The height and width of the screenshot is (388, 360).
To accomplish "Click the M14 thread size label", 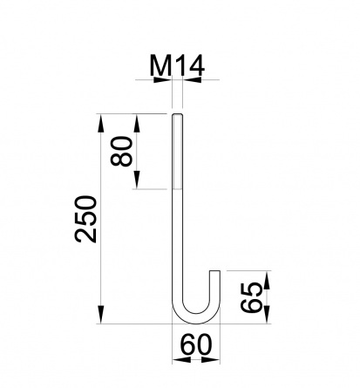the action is tap(177, 65).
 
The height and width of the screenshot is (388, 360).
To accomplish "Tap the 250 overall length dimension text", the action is tap(85, 219).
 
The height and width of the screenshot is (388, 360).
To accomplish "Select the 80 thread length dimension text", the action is tap(121, 151).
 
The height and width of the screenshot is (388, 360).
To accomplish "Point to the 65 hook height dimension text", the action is tap(252, 297).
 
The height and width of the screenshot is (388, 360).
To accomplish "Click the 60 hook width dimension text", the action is tap(196, 344).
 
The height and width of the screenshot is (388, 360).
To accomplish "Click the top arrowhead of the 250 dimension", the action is tap(100, 124).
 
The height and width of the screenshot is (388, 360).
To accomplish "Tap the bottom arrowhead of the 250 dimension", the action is tap(100, 314).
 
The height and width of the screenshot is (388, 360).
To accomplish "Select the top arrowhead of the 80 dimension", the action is tap(137, 124).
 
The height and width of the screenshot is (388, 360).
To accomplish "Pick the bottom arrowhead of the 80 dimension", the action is tap(137, 180).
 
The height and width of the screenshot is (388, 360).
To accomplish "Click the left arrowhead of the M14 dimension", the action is tap(163, 79).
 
